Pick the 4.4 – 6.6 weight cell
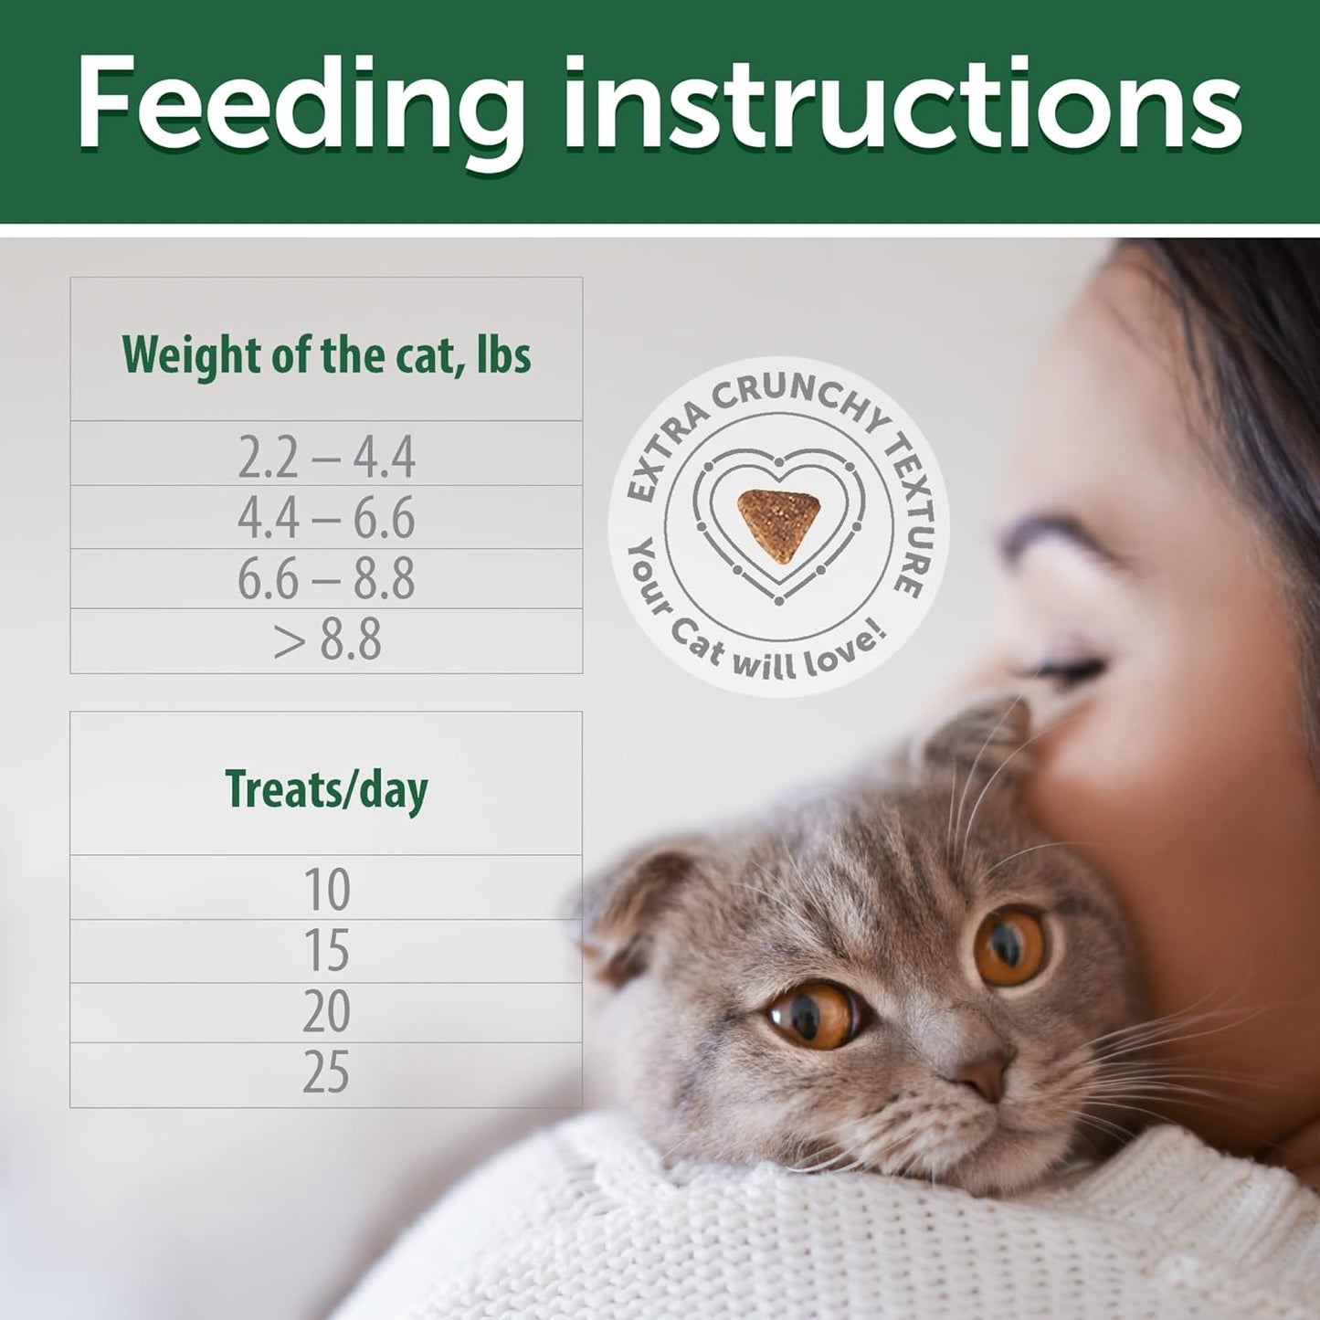[x=326, y=518]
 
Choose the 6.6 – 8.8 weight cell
[x=326, y=579]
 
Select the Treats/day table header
[x=326, y=788]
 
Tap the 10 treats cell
[x=326, y=889]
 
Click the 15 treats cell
[x=326, y=951]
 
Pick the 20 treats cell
[x=326, y=1012]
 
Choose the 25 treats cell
[x=326, y=1072]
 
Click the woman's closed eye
[x=1060, y=671]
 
